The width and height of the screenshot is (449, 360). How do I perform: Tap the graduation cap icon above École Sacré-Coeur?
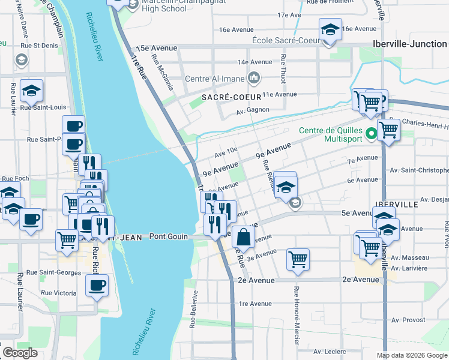pyautogui.click(x=330, y=29)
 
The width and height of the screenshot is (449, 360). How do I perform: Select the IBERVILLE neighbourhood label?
pyautogui.click(x=395, y=204)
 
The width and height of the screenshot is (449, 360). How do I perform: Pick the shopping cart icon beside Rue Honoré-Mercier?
pyautogui.click(x=298, y=259)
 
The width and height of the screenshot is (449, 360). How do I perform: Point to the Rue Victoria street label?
pyautogui.click(x=58, y=293)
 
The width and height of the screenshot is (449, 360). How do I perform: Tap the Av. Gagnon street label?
pyautogui.click(x=252, y=110)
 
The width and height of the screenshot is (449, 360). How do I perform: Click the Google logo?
pyautogui.click(x=20, y=353)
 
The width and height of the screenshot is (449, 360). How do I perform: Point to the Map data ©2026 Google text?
pyautogui.click(x=411, y=355)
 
